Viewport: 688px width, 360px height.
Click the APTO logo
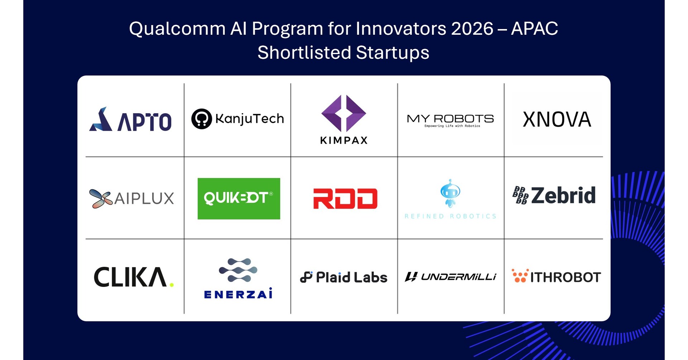(130, 119)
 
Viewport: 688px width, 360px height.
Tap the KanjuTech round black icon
(201, 119)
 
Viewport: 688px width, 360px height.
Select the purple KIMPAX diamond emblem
(344, 113)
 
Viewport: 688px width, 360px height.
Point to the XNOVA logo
(557, 120)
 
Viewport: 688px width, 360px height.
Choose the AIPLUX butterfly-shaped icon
(101, 198)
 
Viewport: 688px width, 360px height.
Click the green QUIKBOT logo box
(239, 198)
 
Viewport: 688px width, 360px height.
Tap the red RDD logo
(345, 198)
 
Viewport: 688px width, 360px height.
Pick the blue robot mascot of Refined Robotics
(450, 193)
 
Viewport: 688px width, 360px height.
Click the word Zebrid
(563, 195)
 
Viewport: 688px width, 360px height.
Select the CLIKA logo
(134, 277)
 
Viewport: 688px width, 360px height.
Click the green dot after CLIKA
(172, 285)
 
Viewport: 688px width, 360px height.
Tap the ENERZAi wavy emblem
(238, 270)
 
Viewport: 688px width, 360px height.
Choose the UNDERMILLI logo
(450, 277)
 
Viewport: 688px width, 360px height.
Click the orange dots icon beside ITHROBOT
(520, 276)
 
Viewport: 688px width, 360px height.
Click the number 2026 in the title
(472, 29)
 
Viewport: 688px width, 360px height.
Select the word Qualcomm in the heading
(177, 29)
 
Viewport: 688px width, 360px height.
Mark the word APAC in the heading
(535, 29)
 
